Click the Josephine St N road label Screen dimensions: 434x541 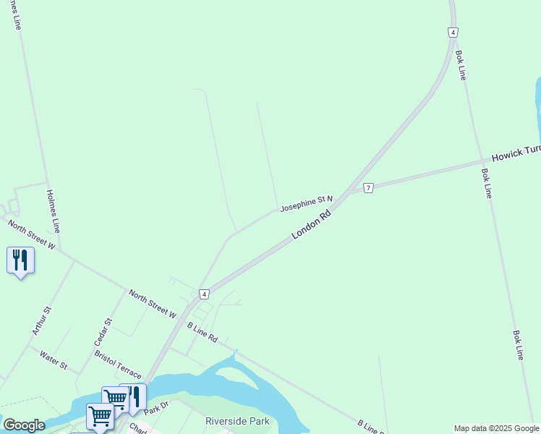click(x=307, y=203)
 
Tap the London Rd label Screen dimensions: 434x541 click(x=312, y=225)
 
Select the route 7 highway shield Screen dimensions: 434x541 click(x=369, y=188)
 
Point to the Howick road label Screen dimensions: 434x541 click(x=516, y=153)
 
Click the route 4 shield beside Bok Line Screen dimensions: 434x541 click(x=452, y=33)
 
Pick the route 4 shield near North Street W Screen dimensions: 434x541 click(x=205, y=294)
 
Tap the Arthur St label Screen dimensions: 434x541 click(x=41, y=320)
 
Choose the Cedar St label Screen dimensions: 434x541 click(x=104, y=331)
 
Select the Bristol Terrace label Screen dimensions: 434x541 click(x=118, y=365)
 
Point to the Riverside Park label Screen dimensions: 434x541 click(x=237, y=421)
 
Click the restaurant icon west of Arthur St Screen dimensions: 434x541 click(x=20, y=260)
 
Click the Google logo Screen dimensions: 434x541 click(x=25, y=425)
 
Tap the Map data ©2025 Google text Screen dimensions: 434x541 click(x=496, y=428)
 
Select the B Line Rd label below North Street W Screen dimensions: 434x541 click(x=203, y=333)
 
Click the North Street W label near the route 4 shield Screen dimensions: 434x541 click(x=152, y=304)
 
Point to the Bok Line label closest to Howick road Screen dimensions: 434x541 click(x=487, y=184)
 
